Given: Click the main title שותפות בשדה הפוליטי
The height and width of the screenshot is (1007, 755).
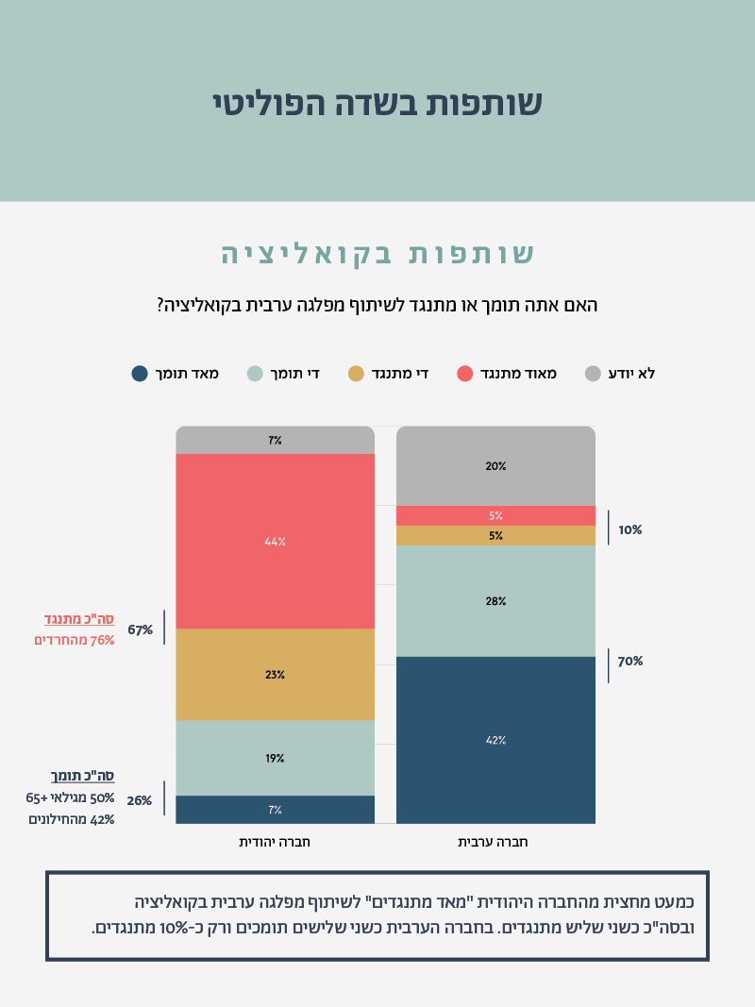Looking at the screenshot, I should [377, 103].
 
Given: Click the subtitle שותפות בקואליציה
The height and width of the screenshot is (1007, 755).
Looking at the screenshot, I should [377, 254].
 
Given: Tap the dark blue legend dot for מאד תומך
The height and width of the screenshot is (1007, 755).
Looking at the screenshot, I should [140, 374].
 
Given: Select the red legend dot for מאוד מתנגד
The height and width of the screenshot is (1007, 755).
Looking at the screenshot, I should [464, 374].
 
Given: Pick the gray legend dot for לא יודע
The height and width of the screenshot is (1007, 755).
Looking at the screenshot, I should [593, 374].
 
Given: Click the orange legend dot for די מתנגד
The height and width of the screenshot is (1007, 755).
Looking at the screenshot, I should [356, 374].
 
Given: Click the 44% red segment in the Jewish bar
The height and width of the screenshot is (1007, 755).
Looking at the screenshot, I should [275, 542].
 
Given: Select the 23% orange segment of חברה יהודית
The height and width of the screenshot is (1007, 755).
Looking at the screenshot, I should [275, 675].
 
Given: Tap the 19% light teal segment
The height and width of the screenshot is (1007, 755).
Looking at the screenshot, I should [275, 758].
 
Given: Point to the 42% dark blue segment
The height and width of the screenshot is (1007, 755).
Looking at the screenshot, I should [495, 740].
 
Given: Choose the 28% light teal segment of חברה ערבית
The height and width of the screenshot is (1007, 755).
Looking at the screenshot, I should [495, 601].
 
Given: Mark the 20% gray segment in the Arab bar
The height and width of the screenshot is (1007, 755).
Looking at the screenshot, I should [495, 466].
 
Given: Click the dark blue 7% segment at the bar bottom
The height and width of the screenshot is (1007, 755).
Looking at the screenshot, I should [275, 810].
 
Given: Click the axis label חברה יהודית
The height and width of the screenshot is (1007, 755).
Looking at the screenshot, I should [275, 841].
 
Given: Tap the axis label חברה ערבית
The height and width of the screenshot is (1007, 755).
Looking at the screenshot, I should [495, 841].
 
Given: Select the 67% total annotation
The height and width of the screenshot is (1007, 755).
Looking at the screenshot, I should [141, 629].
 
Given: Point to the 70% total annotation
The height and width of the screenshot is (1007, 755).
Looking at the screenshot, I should [630, 662].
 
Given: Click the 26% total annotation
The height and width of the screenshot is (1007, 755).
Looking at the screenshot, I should [140, 800].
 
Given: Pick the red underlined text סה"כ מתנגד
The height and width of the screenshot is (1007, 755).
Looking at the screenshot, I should [79, 619].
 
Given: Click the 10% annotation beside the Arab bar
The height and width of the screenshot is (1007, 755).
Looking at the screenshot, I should [630, 530].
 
